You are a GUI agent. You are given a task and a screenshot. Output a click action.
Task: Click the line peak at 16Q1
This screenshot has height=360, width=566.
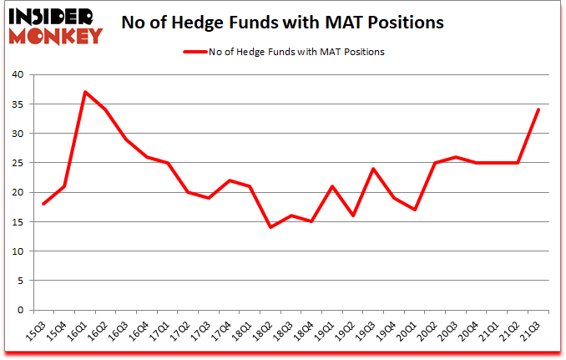click(85, 92)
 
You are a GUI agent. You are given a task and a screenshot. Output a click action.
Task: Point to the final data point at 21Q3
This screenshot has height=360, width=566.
click(538, 109)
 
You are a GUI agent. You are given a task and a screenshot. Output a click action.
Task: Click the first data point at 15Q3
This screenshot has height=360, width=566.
click(43, 204)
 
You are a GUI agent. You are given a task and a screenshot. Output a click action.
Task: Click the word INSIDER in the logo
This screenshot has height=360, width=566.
click(56, 16)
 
